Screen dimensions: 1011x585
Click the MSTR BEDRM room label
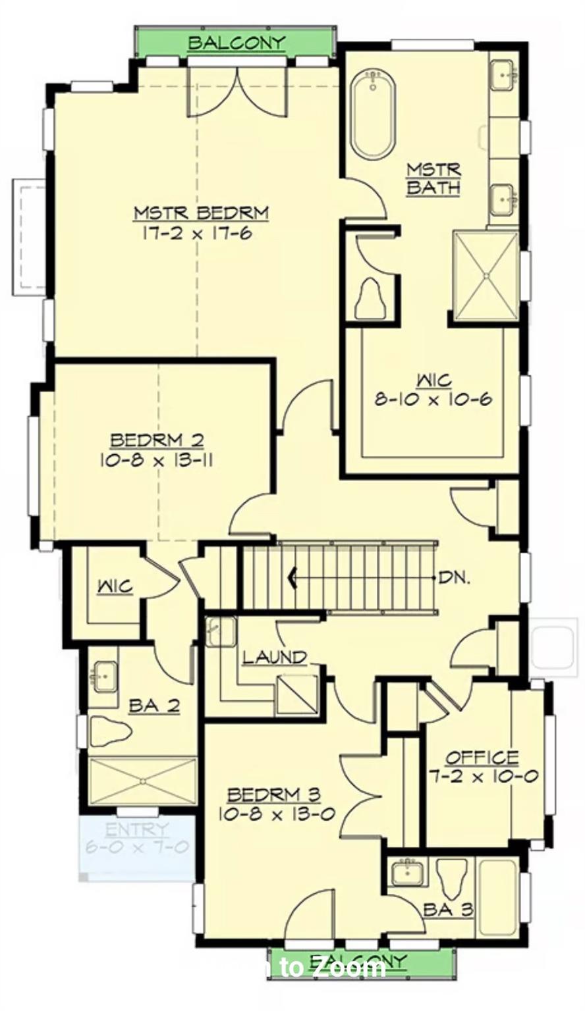point(202,213)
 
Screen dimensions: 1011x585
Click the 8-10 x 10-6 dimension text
point(433,399)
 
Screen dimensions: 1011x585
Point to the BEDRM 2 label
point(157,440)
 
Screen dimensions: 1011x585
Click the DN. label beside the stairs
point(455,578)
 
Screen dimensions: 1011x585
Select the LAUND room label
point(275,657)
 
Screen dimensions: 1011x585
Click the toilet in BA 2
point(109,731)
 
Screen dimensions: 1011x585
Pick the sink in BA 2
point(104,678)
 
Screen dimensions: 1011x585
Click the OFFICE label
point(482,758)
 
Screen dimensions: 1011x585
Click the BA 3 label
point(448,910)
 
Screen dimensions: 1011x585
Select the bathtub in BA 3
point(497,896)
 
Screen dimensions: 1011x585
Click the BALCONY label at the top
point(237,43)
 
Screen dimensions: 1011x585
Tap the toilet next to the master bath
point(371,299)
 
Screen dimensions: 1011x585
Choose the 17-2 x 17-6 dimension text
point(198,233)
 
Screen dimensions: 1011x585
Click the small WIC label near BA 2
point(115,586)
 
